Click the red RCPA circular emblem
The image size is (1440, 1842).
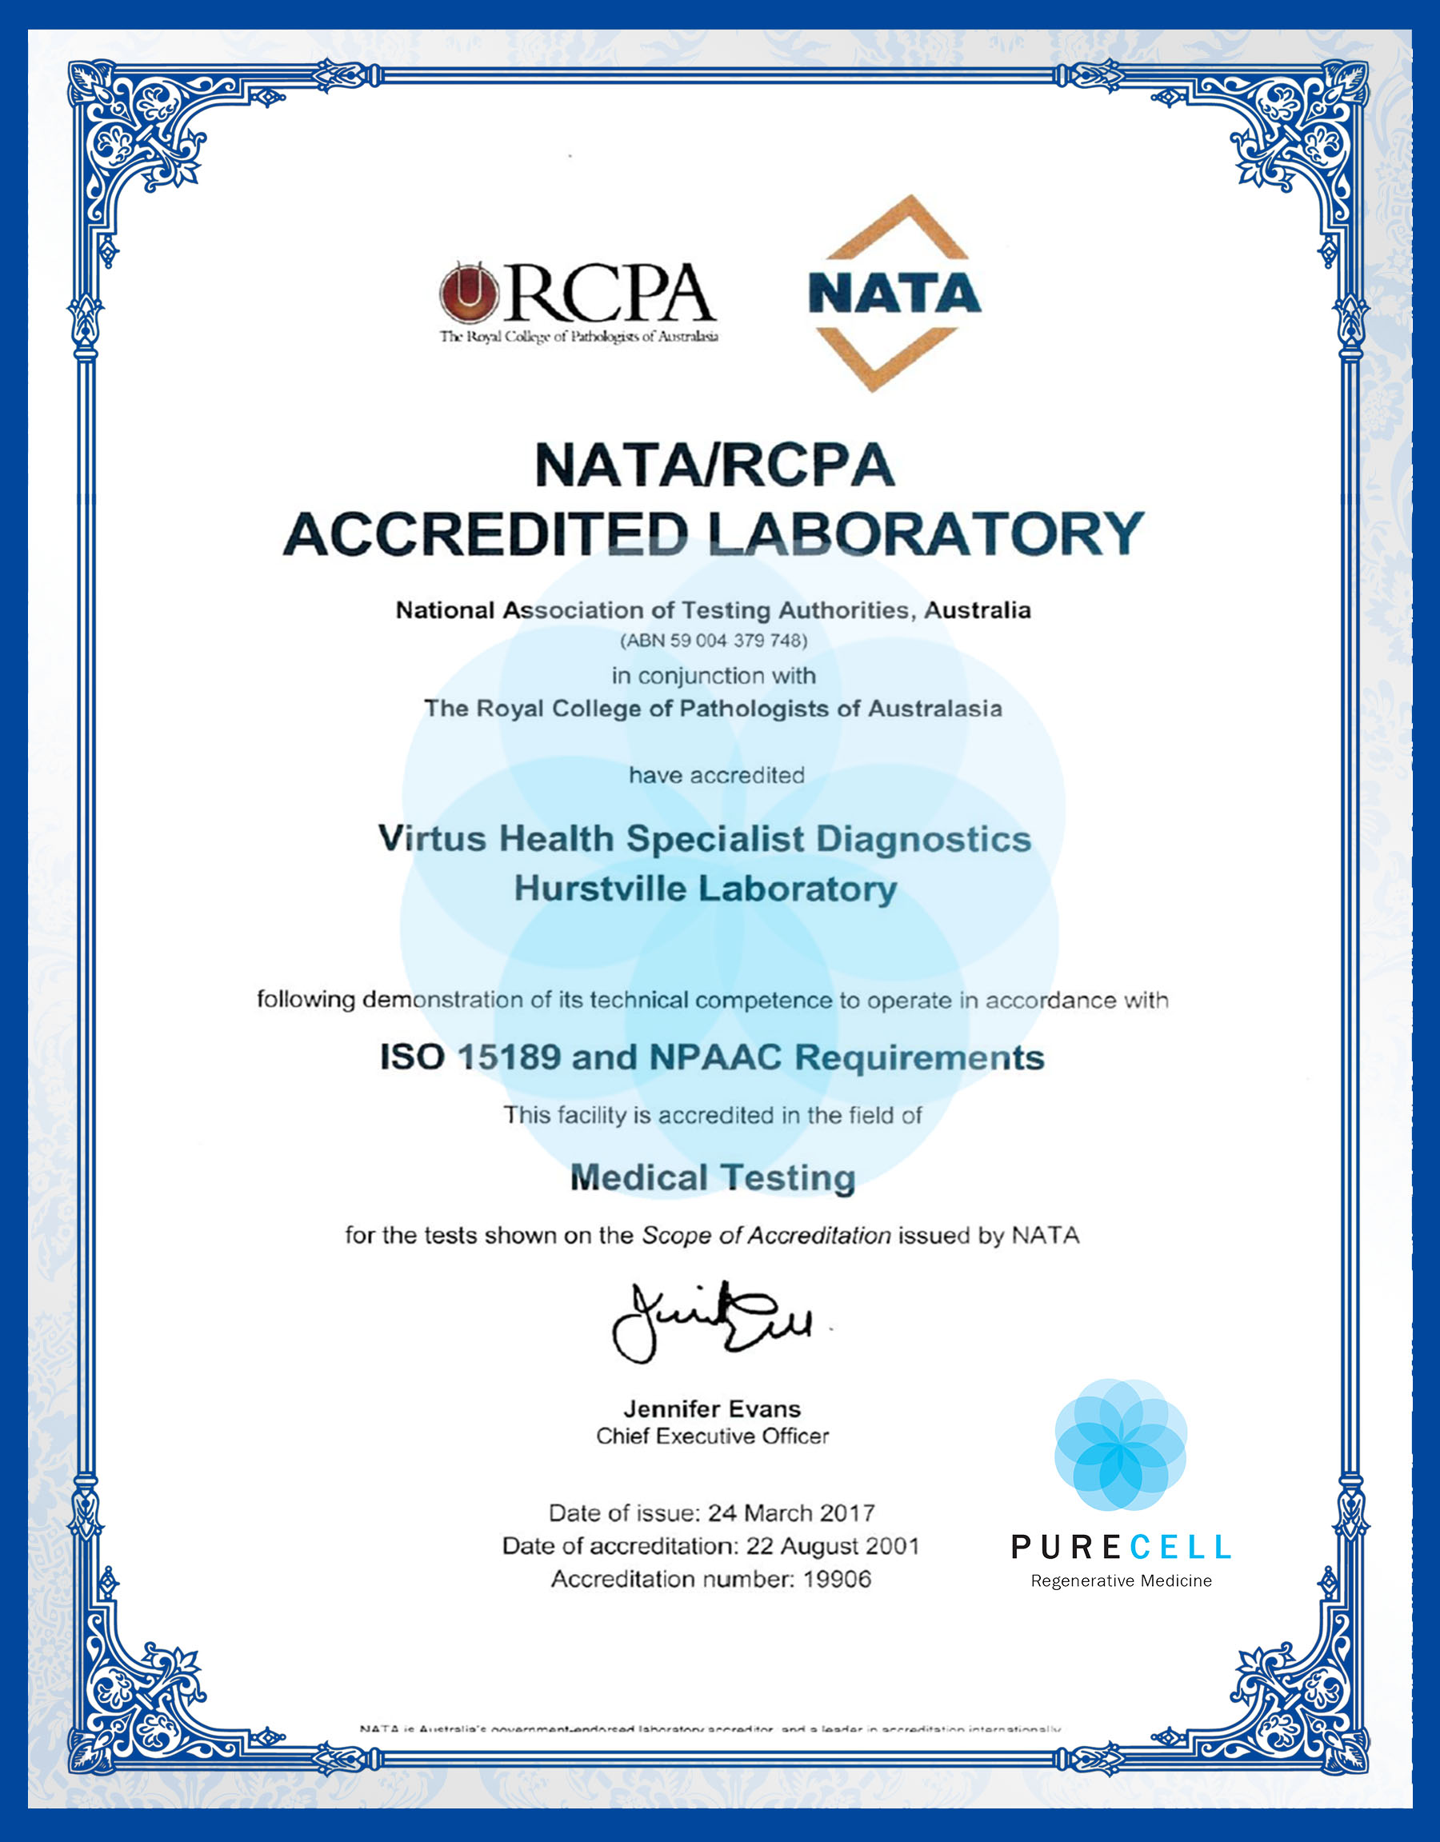[x=468, y=293]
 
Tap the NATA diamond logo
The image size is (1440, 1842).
[x=894, y=293]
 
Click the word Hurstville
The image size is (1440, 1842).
[x=601, y=889]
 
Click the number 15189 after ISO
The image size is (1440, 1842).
[x=508, y=1057]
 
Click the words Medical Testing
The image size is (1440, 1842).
[x=713, y=1177]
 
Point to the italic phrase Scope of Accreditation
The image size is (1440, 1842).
[x=766, y=1236]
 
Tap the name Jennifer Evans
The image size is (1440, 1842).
[x=712, y=1408]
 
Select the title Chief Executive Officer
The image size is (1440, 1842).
[x=712, y=1436]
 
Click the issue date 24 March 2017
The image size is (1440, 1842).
[x=790, y=1513]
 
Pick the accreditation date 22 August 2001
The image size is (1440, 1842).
[x=833, y=1546]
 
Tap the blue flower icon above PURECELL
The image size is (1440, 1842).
[x=1120, y=1445]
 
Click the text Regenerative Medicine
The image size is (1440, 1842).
[x=1120, y=1580]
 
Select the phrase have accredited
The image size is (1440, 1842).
[x=716, y=775]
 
